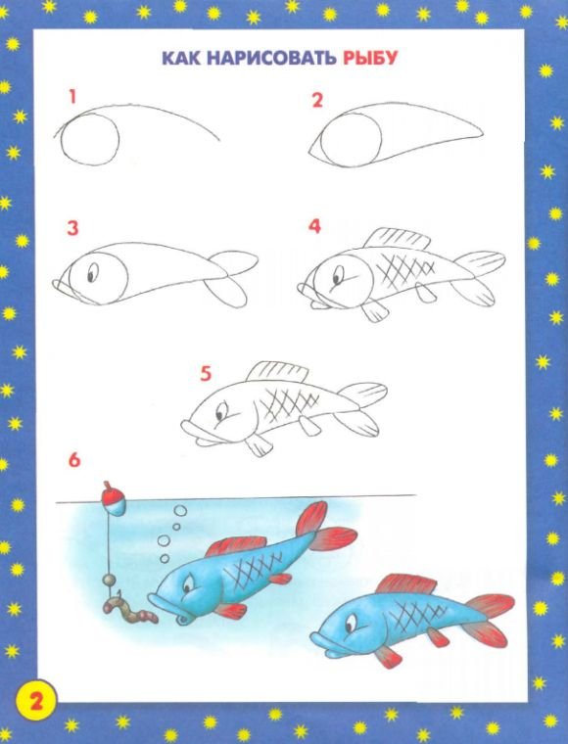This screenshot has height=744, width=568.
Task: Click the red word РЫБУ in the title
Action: click(369, 58)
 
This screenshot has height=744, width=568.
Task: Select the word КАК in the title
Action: click(182, 58)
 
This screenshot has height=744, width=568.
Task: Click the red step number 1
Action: click(72, 97)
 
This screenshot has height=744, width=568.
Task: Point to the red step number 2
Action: click(317, 100)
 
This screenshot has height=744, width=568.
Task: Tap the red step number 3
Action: click(72, 228)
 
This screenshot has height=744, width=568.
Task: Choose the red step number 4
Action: click(315, 226)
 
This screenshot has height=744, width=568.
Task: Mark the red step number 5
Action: click(206, 374)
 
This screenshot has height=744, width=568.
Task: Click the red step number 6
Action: click(74, 460)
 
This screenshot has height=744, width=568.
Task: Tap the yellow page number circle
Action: click(36, 702)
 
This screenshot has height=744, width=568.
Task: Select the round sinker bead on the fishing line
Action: click(109, 580)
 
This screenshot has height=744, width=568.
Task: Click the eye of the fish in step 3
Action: click(92, 272)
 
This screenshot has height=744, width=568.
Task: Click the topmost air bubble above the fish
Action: click(180, 511)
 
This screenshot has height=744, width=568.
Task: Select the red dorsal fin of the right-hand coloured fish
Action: click(406, 584)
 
